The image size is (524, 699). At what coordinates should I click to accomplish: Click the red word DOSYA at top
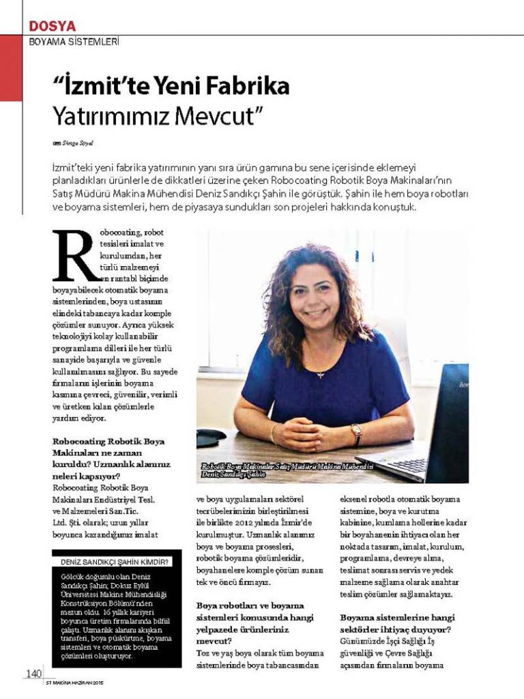[x=53, y=27]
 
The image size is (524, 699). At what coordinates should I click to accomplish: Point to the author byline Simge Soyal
[x=78, y=142]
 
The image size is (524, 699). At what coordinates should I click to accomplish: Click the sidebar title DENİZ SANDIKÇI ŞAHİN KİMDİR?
[x=115, y=562]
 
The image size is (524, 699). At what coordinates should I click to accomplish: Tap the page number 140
[x=33, y=674]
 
